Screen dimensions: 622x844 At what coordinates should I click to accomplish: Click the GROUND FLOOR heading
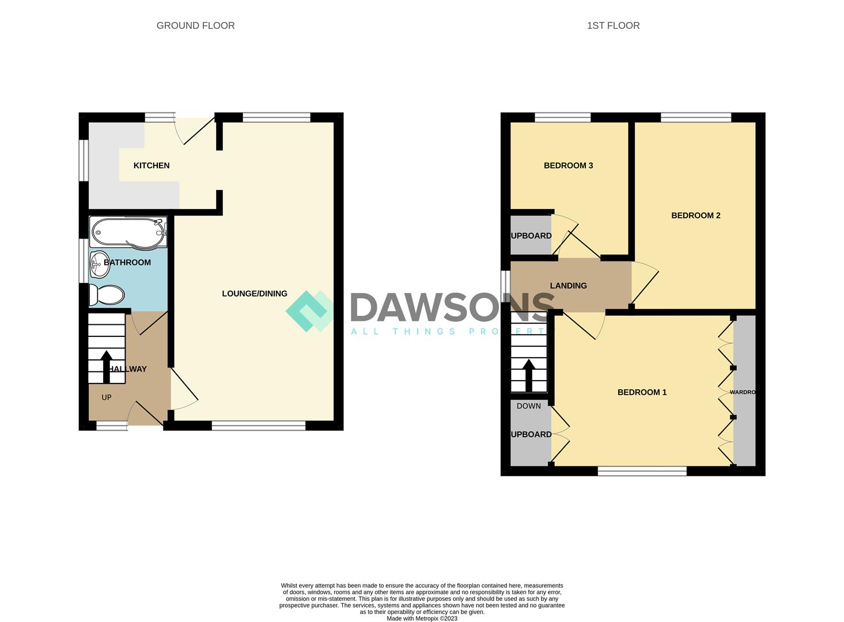(x=195, y=25)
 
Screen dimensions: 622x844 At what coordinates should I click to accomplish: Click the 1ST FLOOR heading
(x=613, y=25)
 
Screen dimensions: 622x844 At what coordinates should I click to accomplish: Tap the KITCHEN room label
(x=152, y=165)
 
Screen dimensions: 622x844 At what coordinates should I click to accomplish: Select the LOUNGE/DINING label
(x=255, y=294)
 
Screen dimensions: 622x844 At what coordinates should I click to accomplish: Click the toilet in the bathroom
(x=107, y=295)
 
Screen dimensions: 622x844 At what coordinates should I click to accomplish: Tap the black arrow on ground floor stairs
(x=106, y=367)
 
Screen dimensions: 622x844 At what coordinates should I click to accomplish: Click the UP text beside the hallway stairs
(x=107, y=397)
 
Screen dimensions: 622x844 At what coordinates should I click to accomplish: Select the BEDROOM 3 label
(x=568, y=165)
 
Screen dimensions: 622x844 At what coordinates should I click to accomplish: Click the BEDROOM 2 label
(x=695, y=215)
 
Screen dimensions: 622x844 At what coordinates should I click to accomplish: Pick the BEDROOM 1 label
(x=642, y=392)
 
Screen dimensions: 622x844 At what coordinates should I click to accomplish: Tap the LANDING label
(x=568, y=286)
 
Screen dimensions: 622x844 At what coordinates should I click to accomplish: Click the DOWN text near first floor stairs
(x=528, y=406)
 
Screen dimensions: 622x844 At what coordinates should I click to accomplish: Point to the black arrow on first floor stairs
(x=528, y=374)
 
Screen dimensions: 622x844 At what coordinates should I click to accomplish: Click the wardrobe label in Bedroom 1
(x=742, y=392)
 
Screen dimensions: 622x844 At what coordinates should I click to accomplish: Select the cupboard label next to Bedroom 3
(x=531, y=236)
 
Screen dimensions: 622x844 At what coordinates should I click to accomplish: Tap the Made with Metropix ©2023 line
(x=422, y=619)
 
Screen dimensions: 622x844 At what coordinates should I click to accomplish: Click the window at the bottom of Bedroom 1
(x=642, y=471)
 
